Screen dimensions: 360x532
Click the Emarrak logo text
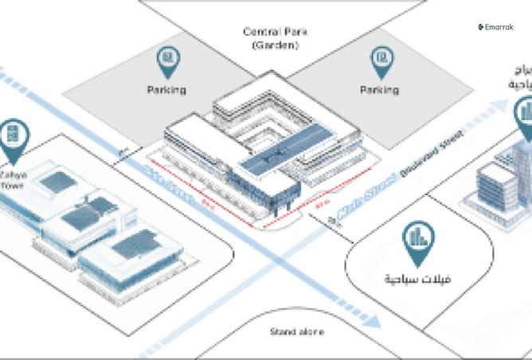tap(497, 27)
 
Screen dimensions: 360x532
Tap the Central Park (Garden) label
tap(275, 39)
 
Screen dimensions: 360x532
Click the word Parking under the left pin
tap(166, 90)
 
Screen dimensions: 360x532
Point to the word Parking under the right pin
tap(379, 90)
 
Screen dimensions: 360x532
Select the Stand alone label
tap(297, 331)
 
